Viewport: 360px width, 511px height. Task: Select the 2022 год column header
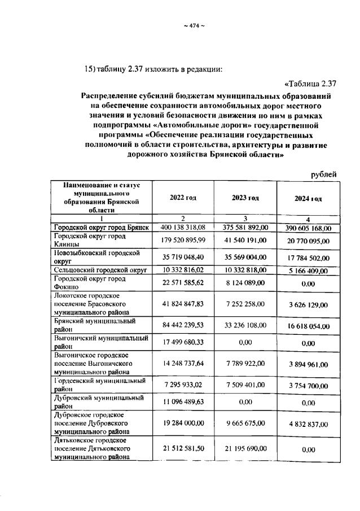pos(183,198)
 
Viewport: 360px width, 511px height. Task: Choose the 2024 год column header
pos(308,199)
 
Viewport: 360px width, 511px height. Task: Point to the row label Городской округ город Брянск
pos(101,227)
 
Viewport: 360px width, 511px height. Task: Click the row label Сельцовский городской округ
pos(100,270)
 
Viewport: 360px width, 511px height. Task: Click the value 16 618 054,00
pos(308,327)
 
